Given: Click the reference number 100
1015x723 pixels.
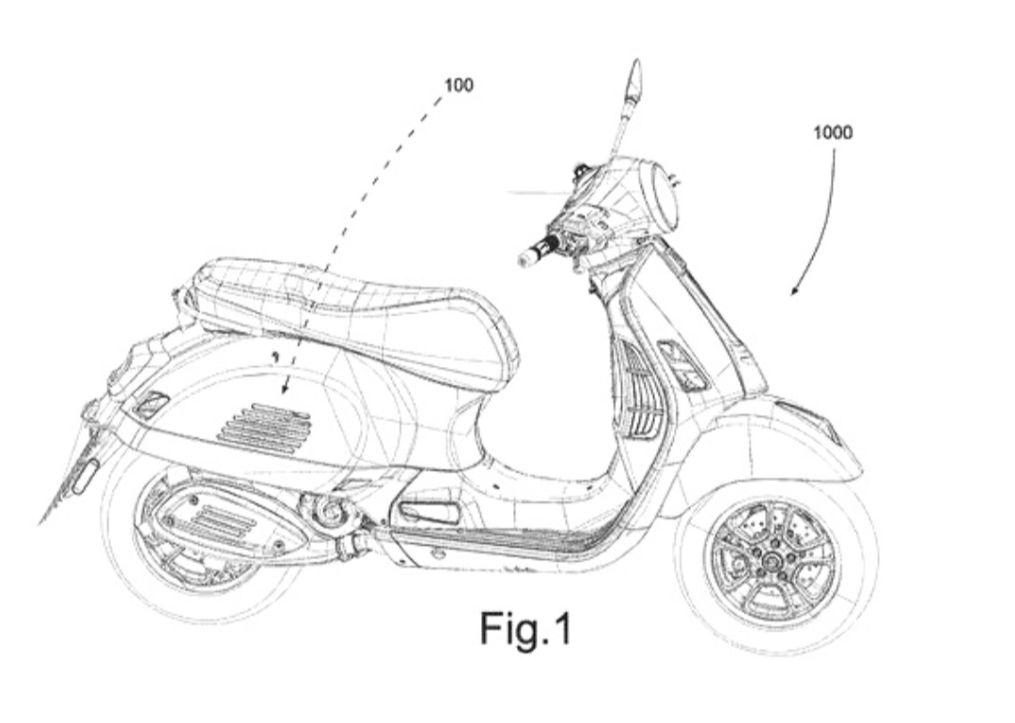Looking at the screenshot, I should click(x=459, y=86).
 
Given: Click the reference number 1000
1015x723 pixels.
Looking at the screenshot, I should click(x=833, y=133).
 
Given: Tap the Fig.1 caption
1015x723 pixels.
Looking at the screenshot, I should click(x=525, y=628).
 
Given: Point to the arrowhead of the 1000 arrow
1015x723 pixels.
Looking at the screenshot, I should click(x=793, y=292).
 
